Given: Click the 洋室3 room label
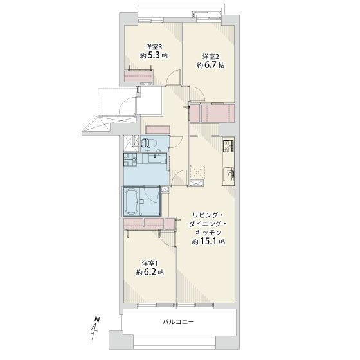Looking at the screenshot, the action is tap(154, 47).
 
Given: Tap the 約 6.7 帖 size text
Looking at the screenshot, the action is tap(211, 65).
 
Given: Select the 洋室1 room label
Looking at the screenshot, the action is tap(150, 263).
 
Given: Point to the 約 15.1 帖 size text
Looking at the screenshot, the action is tap(208, 242).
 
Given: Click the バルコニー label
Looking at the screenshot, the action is tap(179, 321).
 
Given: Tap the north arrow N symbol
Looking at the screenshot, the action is tap(97, 319).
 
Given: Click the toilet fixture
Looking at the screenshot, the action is tap(148, 143).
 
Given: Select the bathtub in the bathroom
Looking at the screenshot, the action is tap(131, 201).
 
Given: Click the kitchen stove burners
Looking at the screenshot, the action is tap(228, 145).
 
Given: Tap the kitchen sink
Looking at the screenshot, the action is tap(229, 174).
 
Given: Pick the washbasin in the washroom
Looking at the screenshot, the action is tap(155, 158).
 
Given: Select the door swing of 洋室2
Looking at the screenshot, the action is tap(197, 93).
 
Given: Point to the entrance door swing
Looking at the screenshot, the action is tap(128, 105).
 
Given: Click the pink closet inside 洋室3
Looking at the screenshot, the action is tap(138, 76).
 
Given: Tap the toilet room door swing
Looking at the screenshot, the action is tap(176, 141).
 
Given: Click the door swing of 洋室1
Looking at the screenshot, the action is tap(167, 238).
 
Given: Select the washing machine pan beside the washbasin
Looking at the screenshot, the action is tap(130, 159).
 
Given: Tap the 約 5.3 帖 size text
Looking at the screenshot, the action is tap(154, 55).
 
